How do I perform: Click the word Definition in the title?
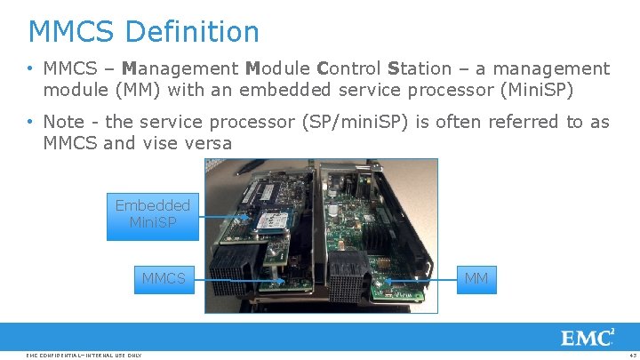[192, 32]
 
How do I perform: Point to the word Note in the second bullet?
[65, 121]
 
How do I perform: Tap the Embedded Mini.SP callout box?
[152, 216]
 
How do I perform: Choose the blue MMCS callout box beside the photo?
[164, 279]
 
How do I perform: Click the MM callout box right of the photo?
[476, 279]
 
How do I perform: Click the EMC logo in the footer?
[587, 338]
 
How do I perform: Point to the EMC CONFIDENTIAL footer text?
[84, 356]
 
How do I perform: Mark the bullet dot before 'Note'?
[29, 122]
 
